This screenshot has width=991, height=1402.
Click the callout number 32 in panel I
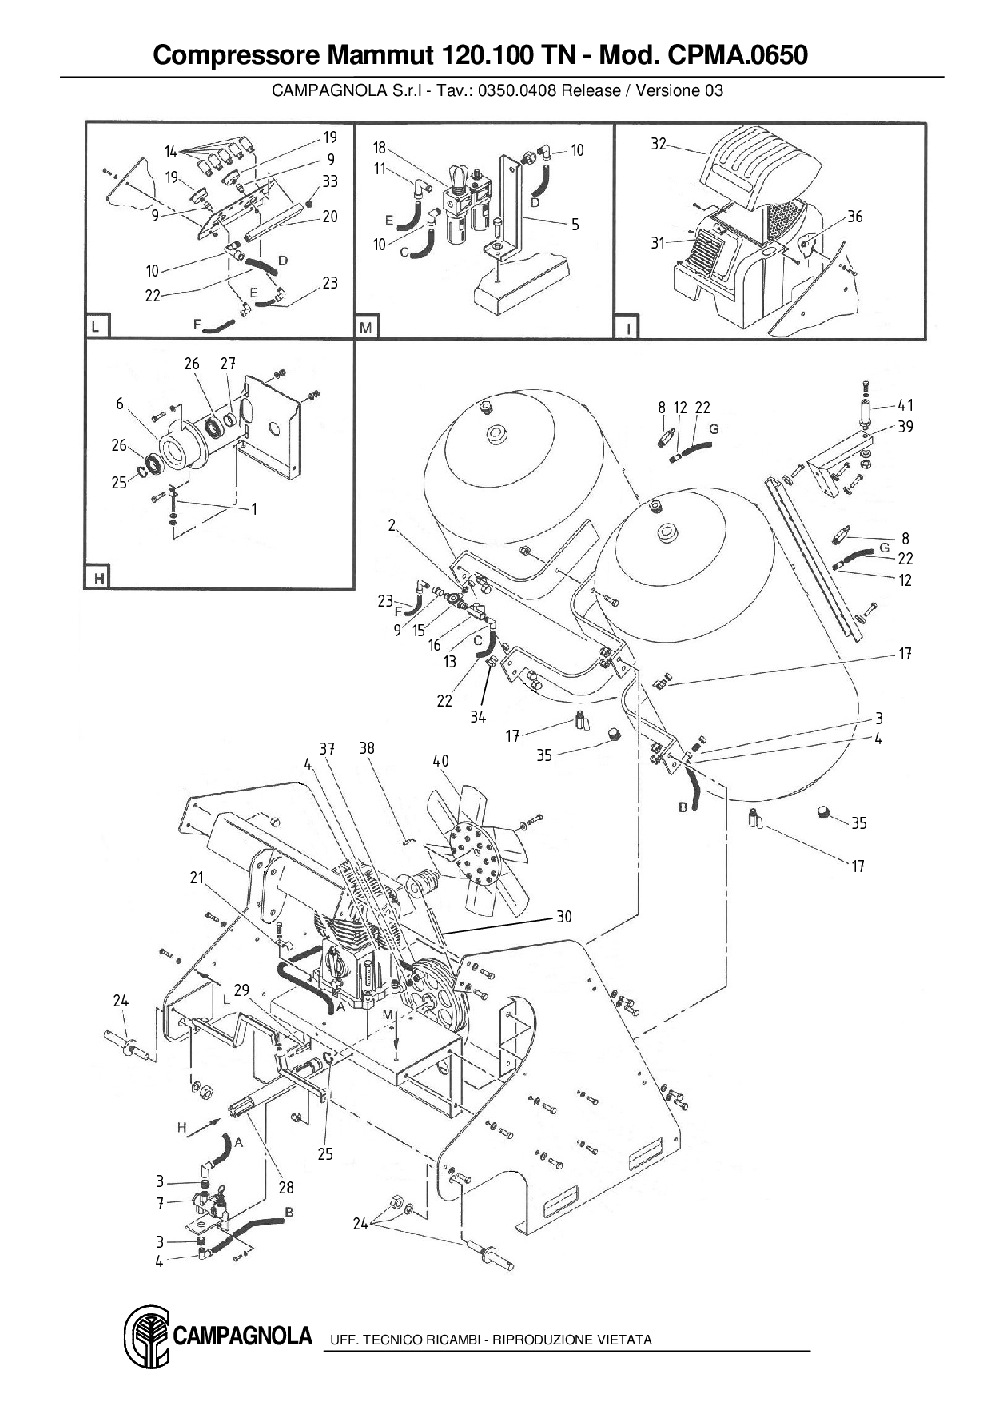(x=658, y=145)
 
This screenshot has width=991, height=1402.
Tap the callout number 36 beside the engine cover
(x=854, y=217)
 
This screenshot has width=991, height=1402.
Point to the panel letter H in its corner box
(x=98, y=577)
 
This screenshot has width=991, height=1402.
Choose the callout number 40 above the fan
(x=440, y=761)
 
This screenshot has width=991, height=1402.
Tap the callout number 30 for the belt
(x=564, y=917)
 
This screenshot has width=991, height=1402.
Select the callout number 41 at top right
(x=905, y=405)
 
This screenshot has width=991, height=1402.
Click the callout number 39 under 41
(x=905, y=427)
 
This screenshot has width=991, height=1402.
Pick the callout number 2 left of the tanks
(x=392, y=525)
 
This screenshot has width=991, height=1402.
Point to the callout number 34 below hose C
(x=477, y=717)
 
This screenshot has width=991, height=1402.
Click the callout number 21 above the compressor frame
(x=197, y=878)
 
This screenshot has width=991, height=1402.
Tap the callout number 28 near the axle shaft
(x=286, y=1188)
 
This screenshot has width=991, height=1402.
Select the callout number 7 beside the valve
(x=160, y=1203)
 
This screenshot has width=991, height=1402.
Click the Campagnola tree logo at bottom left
(x=146, y=1336)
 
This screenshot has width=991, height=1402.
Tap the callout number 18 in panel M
(x=380, y=148)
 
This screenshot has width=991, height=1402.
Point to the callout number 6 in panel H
(x=120, y=404)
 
